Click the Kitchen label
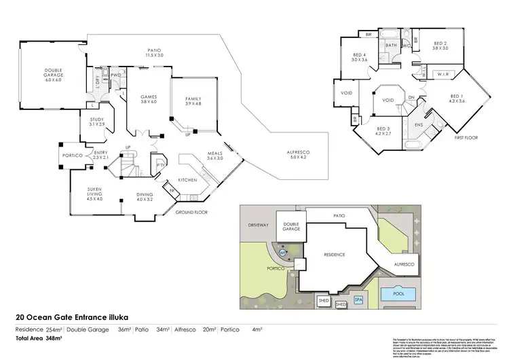(187, 179)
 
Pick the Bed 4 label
(359, 57)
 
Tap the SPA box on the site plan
(358, 298)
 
